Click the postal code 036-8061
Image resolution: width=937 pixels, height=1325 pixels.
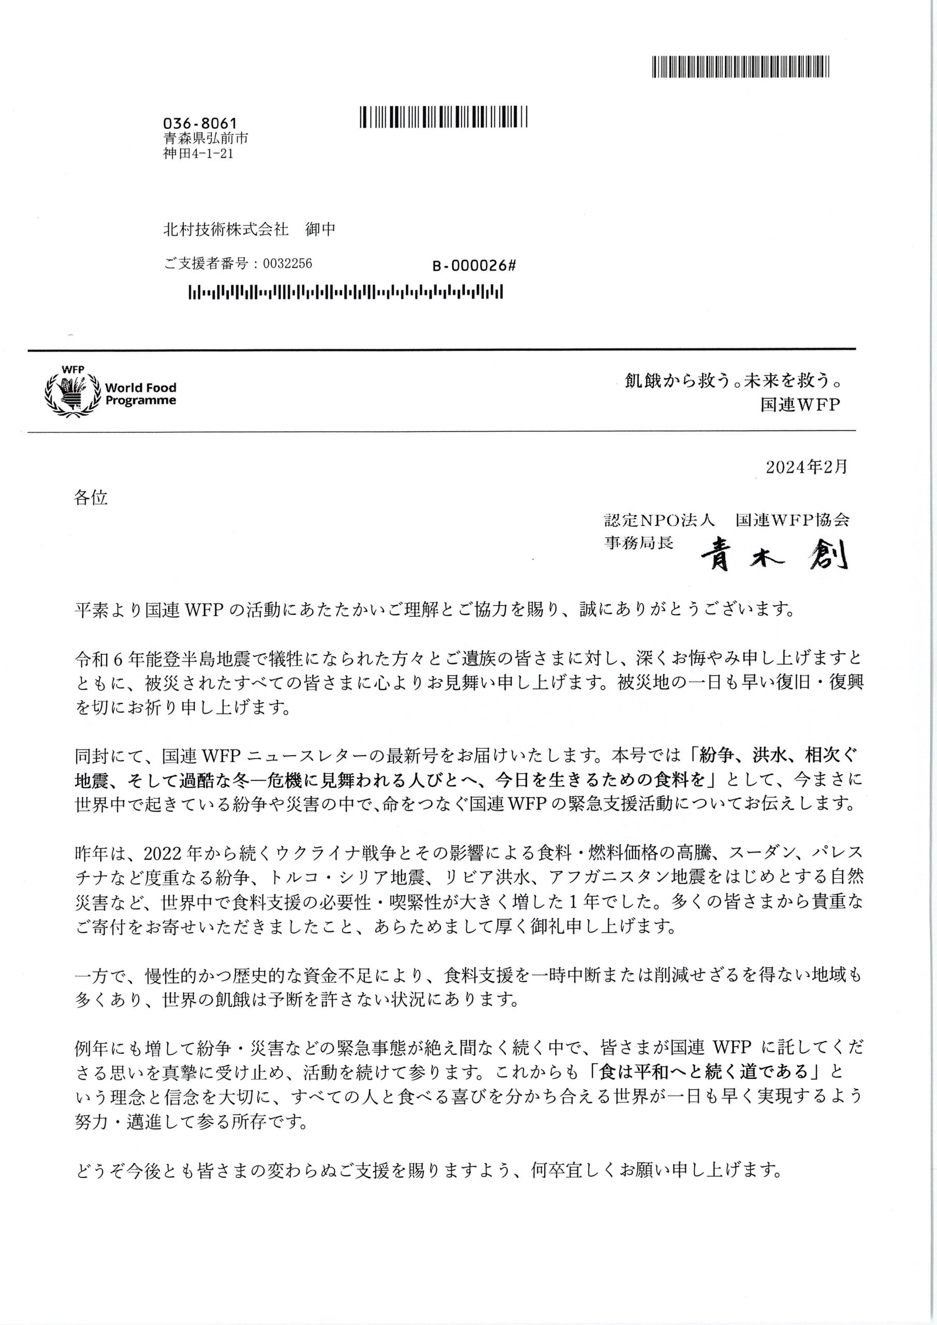[x=200, y=123]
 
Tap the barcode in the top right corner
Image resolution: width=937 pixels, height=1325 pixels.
[x=742, y=67]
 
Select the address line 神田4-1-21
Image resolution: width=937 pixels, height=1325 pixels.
[x=199, y=154]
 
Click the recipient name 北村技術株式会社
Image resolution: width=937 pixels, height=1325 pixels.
[x=226, y=230]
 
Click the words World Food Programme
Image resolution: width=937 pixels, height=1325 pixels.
[x=140, y=393]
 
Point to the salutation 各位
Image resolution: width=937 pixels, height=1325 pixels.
[x=91, y=497]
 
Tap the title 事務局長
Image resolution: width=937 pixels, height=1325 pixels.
[x=638, y=543]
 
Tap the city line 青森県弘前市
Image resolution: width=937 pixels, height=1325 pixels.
[x=206, y=139]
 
